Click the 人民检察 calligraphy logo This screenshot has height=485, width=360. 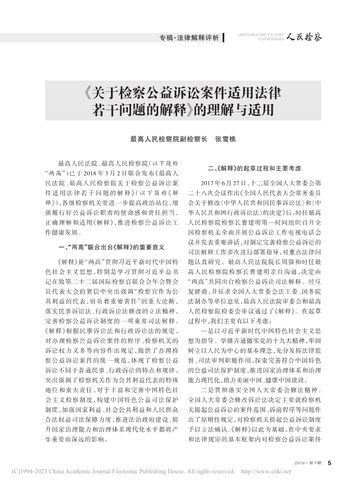point(304,36)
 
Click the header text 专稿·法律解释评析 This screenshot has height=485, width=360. point(189,37)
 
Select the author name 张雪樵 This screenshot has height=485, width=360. point(225,138)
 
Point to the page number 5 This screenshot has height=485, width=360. point(329,462)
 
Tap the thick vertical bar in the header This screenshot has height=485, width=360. point(223,37)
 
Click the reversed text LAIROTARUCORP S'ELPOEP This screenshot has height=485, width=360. point(260,34)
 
